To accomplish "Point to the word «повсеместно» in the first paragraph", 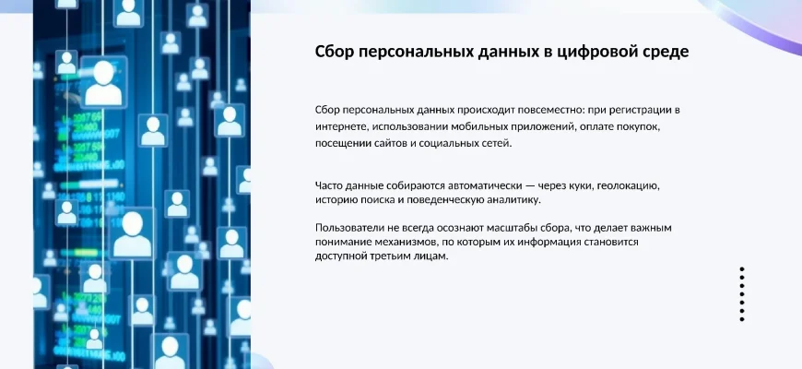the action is tap(550, 110).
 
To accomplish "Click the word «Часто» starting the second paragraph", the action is tap(328, 185).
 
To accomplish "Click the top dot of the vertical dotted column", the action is tap(742, 268).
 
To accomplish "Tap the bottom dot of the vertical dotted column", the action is tap(742, 319).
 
